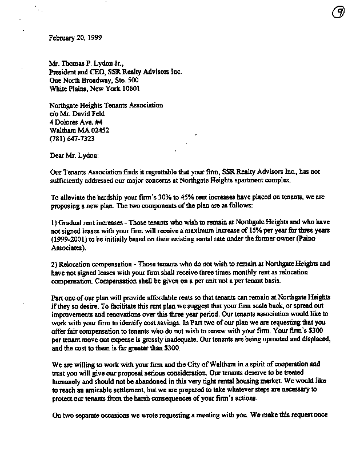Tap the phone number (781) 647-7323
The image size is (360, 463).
click(72, 138)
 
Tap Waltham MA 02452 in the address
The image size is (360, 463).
click(79, 130)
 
